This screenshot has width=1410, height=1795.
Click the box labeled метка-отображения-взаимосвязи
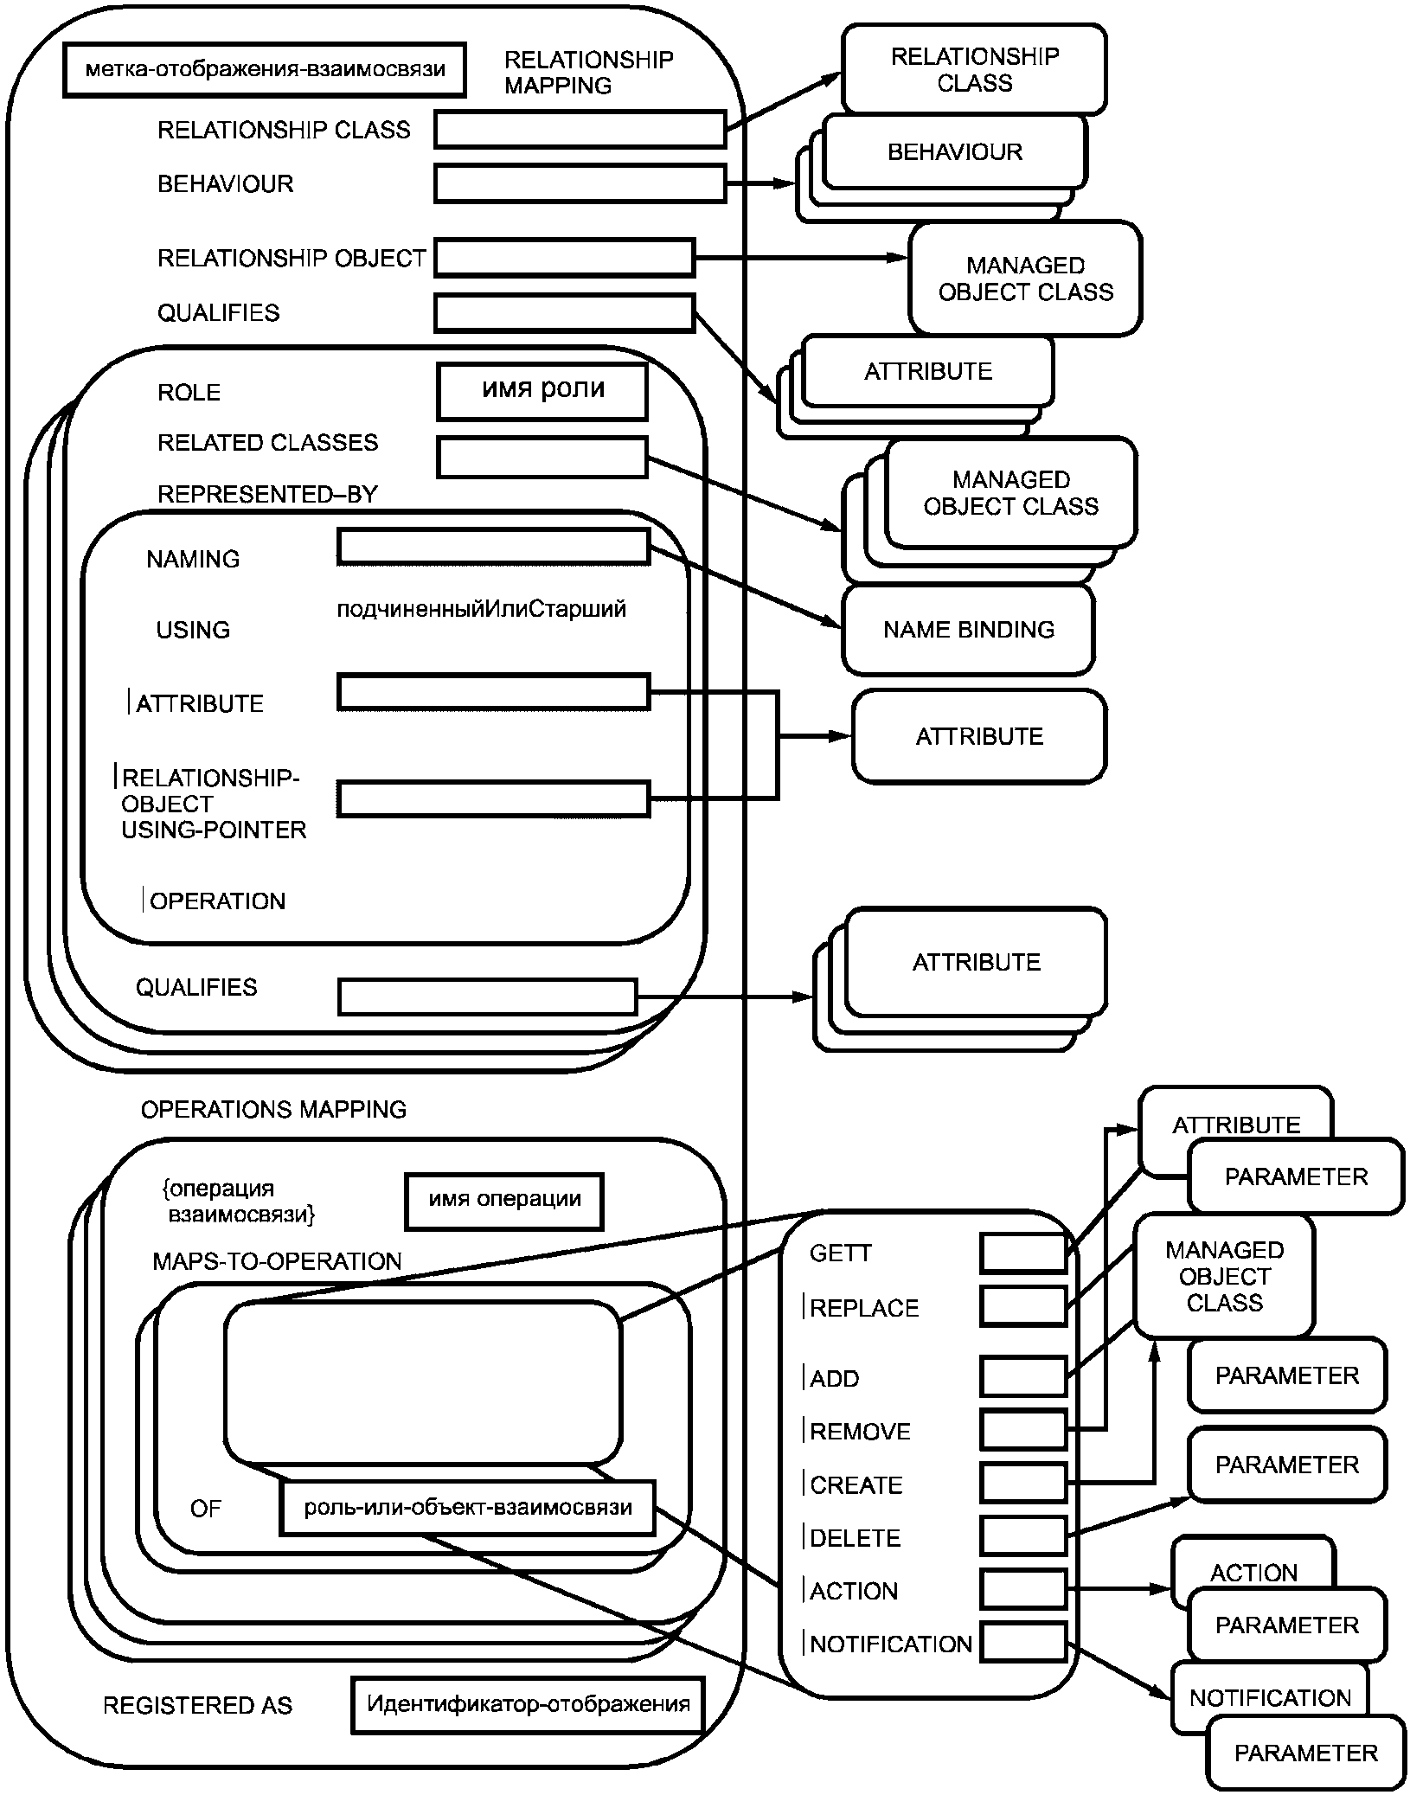pos(264,70)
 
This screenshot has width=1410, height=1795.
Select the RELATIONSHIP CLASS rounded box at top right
pos(974,69)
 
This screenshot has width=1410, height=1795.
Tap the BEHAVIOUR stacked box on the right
pos(955,152)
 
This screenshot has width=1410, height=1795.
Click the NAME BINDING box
pos(968,630)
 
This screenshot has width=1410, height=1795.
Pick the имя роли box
pos(542,391)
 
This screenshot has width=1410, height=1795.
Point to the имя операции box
pos(504,1201)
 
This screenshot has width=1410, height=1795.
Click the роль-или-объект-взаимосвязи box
pos(467,1508)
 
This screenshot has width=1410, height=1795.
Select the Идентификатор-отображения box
pos(528,1704)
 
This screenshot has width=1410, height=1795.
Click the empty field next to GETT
pos(1022,1253)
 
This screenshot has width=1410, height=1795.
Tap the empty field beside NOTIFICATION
pos(1022,1643)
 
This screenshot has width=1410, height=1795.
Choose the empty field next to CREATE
pos(1022,1484)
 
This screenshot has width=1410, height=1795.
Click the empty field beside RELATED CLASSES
pos(542,458)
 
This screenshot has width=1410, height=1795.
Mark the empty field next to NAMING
pos(493,547)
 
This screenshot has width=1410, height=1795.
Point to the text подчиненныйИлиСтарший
pos(481,610)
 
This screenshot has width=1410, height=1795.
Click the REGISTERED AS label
pos(197,1706)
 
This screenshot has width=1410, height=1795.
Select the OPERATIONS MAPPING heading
pos(273,1110)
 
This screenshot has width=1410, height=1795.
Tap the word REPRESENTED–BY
pos(267,495)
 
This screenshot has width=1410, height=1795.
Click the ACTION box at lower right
pos(1253,1572)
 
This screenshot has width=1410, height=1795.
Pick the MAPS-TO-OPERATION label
pos(277,1261)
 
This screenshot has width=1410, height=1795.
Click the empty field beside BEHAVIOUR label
pos(580,184)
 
